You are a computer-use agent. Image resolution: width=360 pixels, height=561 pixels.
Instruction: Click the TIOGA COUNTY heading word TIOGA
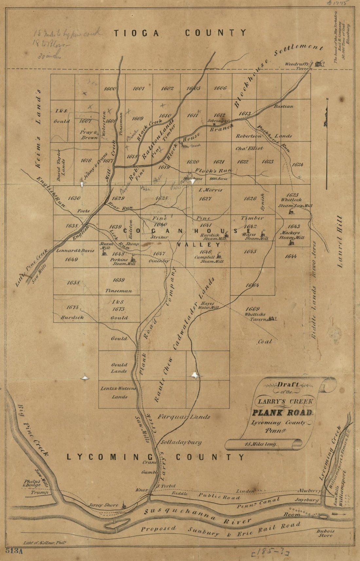136,33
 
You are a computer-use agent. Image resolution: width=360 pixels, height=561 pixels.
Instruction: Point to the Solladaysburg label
181,442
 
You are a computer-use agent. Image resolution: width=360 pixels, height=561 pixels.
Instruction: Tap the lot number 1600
110,89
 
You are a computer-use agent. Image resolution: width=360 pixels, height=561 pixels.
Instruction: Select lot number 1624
297,165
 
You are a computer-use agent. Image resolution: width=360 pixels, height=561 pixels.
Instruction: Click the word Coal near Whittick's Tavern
265,342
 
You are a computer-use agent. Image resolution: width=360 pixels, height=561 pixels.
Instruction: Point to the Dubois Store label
325,533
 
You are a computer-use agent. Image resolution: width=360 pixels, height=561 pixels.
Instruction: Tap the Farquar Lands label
184,417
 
